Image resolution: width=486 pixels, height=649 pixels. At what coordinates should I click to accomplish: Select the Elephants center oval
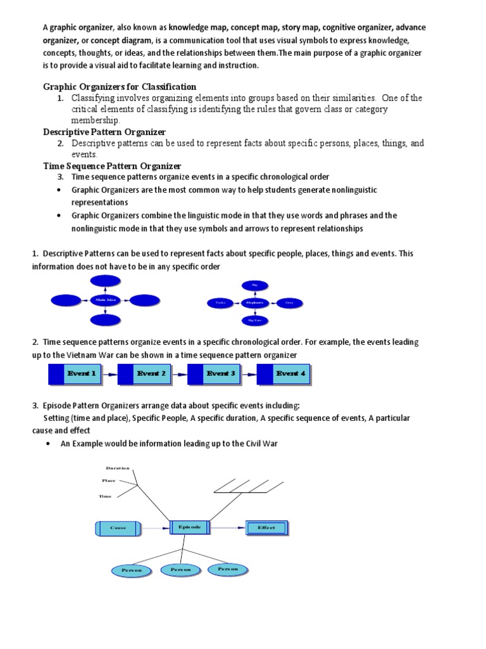(255, 303)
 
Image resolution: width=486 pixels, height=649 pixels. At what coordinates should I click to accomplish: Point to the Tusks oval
(220, 304)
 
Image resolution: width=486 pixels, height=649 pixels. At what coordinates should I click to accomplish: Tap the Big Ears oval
(255, 321)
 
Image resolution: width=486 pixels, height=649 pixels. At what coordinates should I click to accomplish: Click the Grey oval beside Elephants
(290, 303)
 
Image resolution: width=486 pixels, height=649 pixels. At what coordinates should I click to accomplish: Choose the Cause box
(118, 527)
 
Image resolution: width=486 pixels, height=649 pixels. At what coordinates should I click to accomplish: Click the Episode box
(189, 527)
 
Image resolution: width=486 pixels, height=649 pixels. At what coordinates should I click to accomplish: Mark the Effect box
(266, 527)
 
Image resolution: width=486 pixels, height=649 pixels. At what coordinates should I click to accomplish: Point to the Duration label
(118, 468)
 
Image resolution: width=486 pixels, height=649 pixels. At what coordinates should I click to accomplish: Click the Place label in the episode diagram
(109, 480)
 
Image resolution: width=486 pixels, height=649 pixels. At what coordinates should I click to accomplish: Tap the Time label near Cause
(105, 496)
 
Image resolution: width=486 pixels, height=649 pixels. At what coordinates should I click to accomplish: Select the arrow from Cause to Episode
(156, 527)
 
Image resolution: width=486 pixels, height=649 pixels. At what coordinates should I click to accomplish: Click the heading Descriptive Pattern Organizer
(104, 132)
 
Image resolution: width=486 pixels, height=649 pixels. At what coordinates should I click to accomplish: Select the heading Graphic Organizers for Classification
(120, 86)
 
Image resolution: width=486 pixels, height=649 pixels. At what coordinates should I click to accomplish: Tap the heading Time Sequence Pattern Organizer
(112, 166)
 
